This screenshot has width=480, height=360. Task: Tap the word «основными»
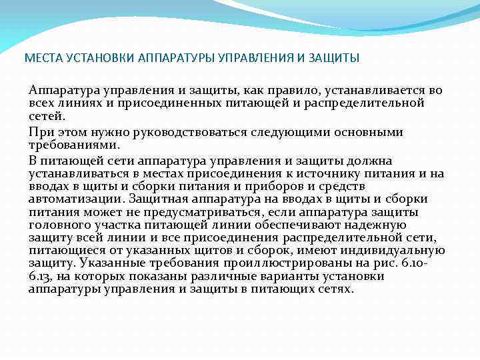365,132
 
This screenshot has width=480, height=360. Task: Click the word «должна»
373,161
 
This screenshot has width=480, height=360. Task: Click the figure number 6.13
40,277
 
